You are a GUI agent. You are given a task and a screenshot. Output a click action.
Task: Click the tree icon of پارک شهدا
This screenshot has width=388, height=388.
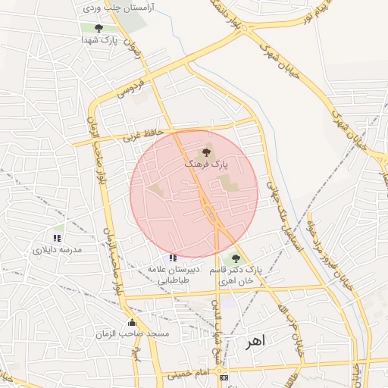click(99, 29)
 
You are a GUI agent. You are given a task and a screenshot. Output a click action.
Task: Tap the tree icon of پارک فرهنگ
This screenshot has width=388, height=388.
click(208, 152)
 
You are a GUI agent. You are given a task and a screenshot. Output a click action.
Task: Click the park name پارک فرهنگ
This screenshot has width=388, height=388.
click(206, 164)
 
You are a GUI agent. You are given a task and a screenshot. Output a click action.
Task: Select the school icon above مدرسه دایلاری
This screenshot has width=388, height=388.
click(57, 237)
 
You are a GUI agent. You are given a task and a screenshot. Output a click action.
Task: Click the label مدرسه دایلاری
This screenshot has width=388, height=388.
click(56, 249)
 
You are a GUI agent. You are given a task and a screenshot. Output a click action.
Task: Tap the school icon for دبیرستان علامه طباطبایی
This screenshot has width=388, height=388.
click(174, 258)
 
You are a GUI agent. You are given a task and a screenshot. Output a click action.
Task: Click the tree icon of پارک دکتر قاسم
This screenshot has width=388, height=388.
click(236, 258)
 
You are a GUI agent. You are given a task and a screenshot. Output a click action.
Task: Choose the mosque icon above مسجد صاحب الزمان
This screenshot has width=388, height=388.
click(132, 323)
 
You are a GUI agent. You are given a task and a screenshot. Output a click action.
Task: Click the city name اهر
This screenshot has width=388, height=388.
click(255, 343)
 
